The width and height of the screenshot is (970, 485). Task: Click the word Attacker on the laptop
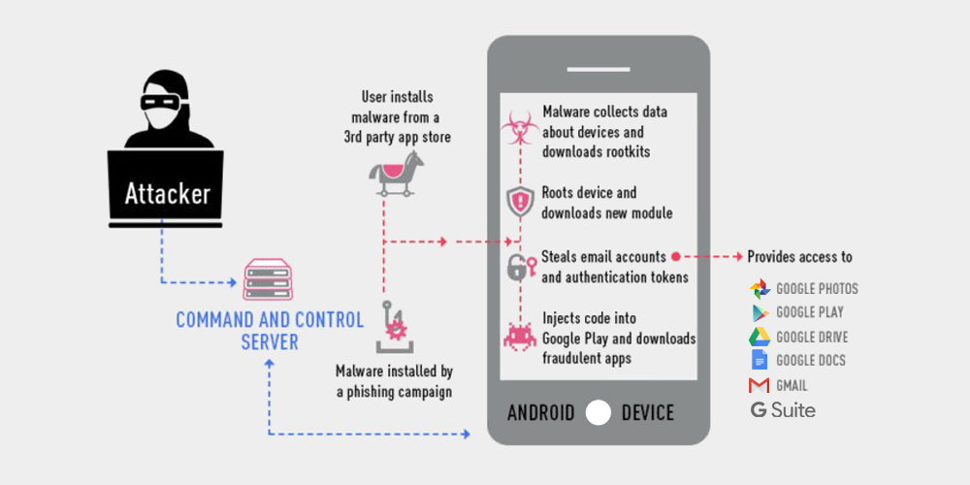pos(167,193)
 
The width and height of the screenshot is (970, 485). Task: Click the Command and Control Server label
pos(270,331)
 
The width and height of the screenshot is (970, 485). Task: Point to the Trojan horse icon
pos(397,174)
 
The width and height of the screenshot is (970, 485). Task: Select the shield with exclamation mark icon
pos(520,201)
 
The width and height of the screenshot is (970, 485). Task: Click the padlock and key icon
pos(520,267)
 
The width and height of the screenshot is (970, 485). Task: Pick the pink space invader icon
pos(520,337)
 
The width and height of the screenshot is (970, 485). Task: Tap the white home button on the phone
pos(598,412)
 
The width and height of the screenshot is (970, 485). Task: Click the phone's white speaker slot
pos(598,69)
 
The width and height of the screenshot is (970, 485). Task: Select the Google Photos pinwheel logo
pos(760,289)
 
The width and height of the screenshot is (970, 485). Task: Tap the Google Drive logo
pos(760,337)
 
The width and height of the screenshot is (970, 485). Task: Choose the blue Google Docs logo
pos(760,360)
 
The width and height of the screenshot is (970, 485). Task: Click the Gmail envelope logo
pos(760,385)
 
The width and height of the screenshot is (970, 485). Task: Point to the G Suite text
pos(783,409)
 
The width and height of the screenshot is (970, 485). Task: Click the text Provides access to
pos(799,256)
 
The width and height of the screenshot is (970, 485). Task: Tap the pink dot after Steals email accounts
pos(675,255)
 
